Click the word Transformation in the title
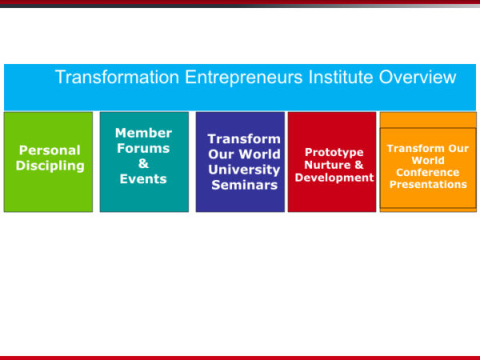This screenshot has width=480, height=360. pyautogui.click(x=118, y=77)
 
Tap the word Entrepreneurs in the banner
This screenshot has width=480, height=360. pyautogui.click(x=244, y=78)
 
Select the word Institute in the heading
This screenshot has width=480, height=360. pyautogui.click(x=341, y=77)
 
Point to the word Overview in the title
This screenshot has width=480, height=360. pyautogui.click(x=418, y=77)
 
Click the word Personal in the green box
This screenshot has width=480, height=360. pyautogui.click(x=50, y=150)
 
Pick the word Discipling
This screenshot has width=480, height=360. pyautogui.click(x=50, y=166)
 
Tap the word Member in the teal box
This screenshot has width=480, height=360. pyautogui.click(x=143, y=133)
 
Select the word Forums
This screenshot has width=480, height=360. pyautogui.click(x=143, y=148)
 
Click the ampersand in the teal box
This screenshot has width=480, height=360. pyautogui.click(x=143, y=163)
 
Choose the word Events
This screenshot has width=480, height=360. pyautogui.click(x=143, y=178)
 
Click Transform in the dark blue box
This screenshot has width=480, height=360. pyautogui.click(x=244, y=139)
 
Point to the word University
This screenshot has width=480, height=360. pyautogui.click(x=244, y=170)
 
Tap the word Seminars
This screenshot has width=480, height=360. pyautogui.click(x=244, y=185)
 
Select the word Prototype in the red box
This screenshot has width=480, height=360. pyautogui.click(x=334, y=153)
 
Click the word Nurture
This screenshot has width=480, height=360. pyautogui.click(x=327, y=165)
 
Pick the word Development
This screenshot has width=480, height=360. pyautogui.click(x=334, y=178)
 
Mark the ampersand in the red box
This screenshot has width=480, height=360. pyautogui.click(x=358, y=165)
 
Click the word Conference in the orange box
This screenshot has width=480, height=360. pyautogui.click(x=428, y=172)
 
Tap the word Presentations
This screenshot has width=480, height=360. pyautogui.click(x=428, y=184)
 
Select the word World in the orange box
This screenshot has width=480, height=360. pyautogui.click(x=428, y=161)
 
